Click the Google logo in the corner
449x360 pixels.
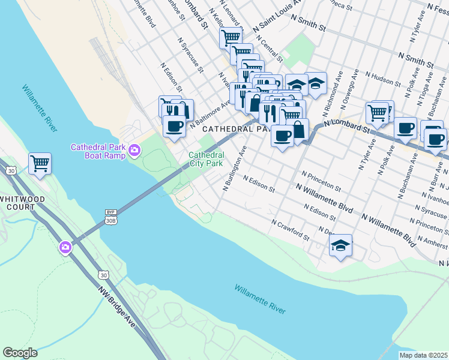[x=20, y=353]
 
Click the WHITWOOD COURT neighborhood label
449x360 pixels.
[x=17, y=202]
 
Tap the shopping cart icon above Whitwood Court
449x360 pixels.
[x=40, y=163]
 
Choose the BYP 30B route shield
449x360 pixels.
[x=110, y=216]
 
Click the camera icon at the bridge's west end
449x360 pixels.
[x=65, y=247]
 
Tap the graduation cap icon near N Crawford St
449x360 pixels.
[x=340, y=245]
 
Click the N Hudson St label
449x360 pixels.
[x=381, y=79]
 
